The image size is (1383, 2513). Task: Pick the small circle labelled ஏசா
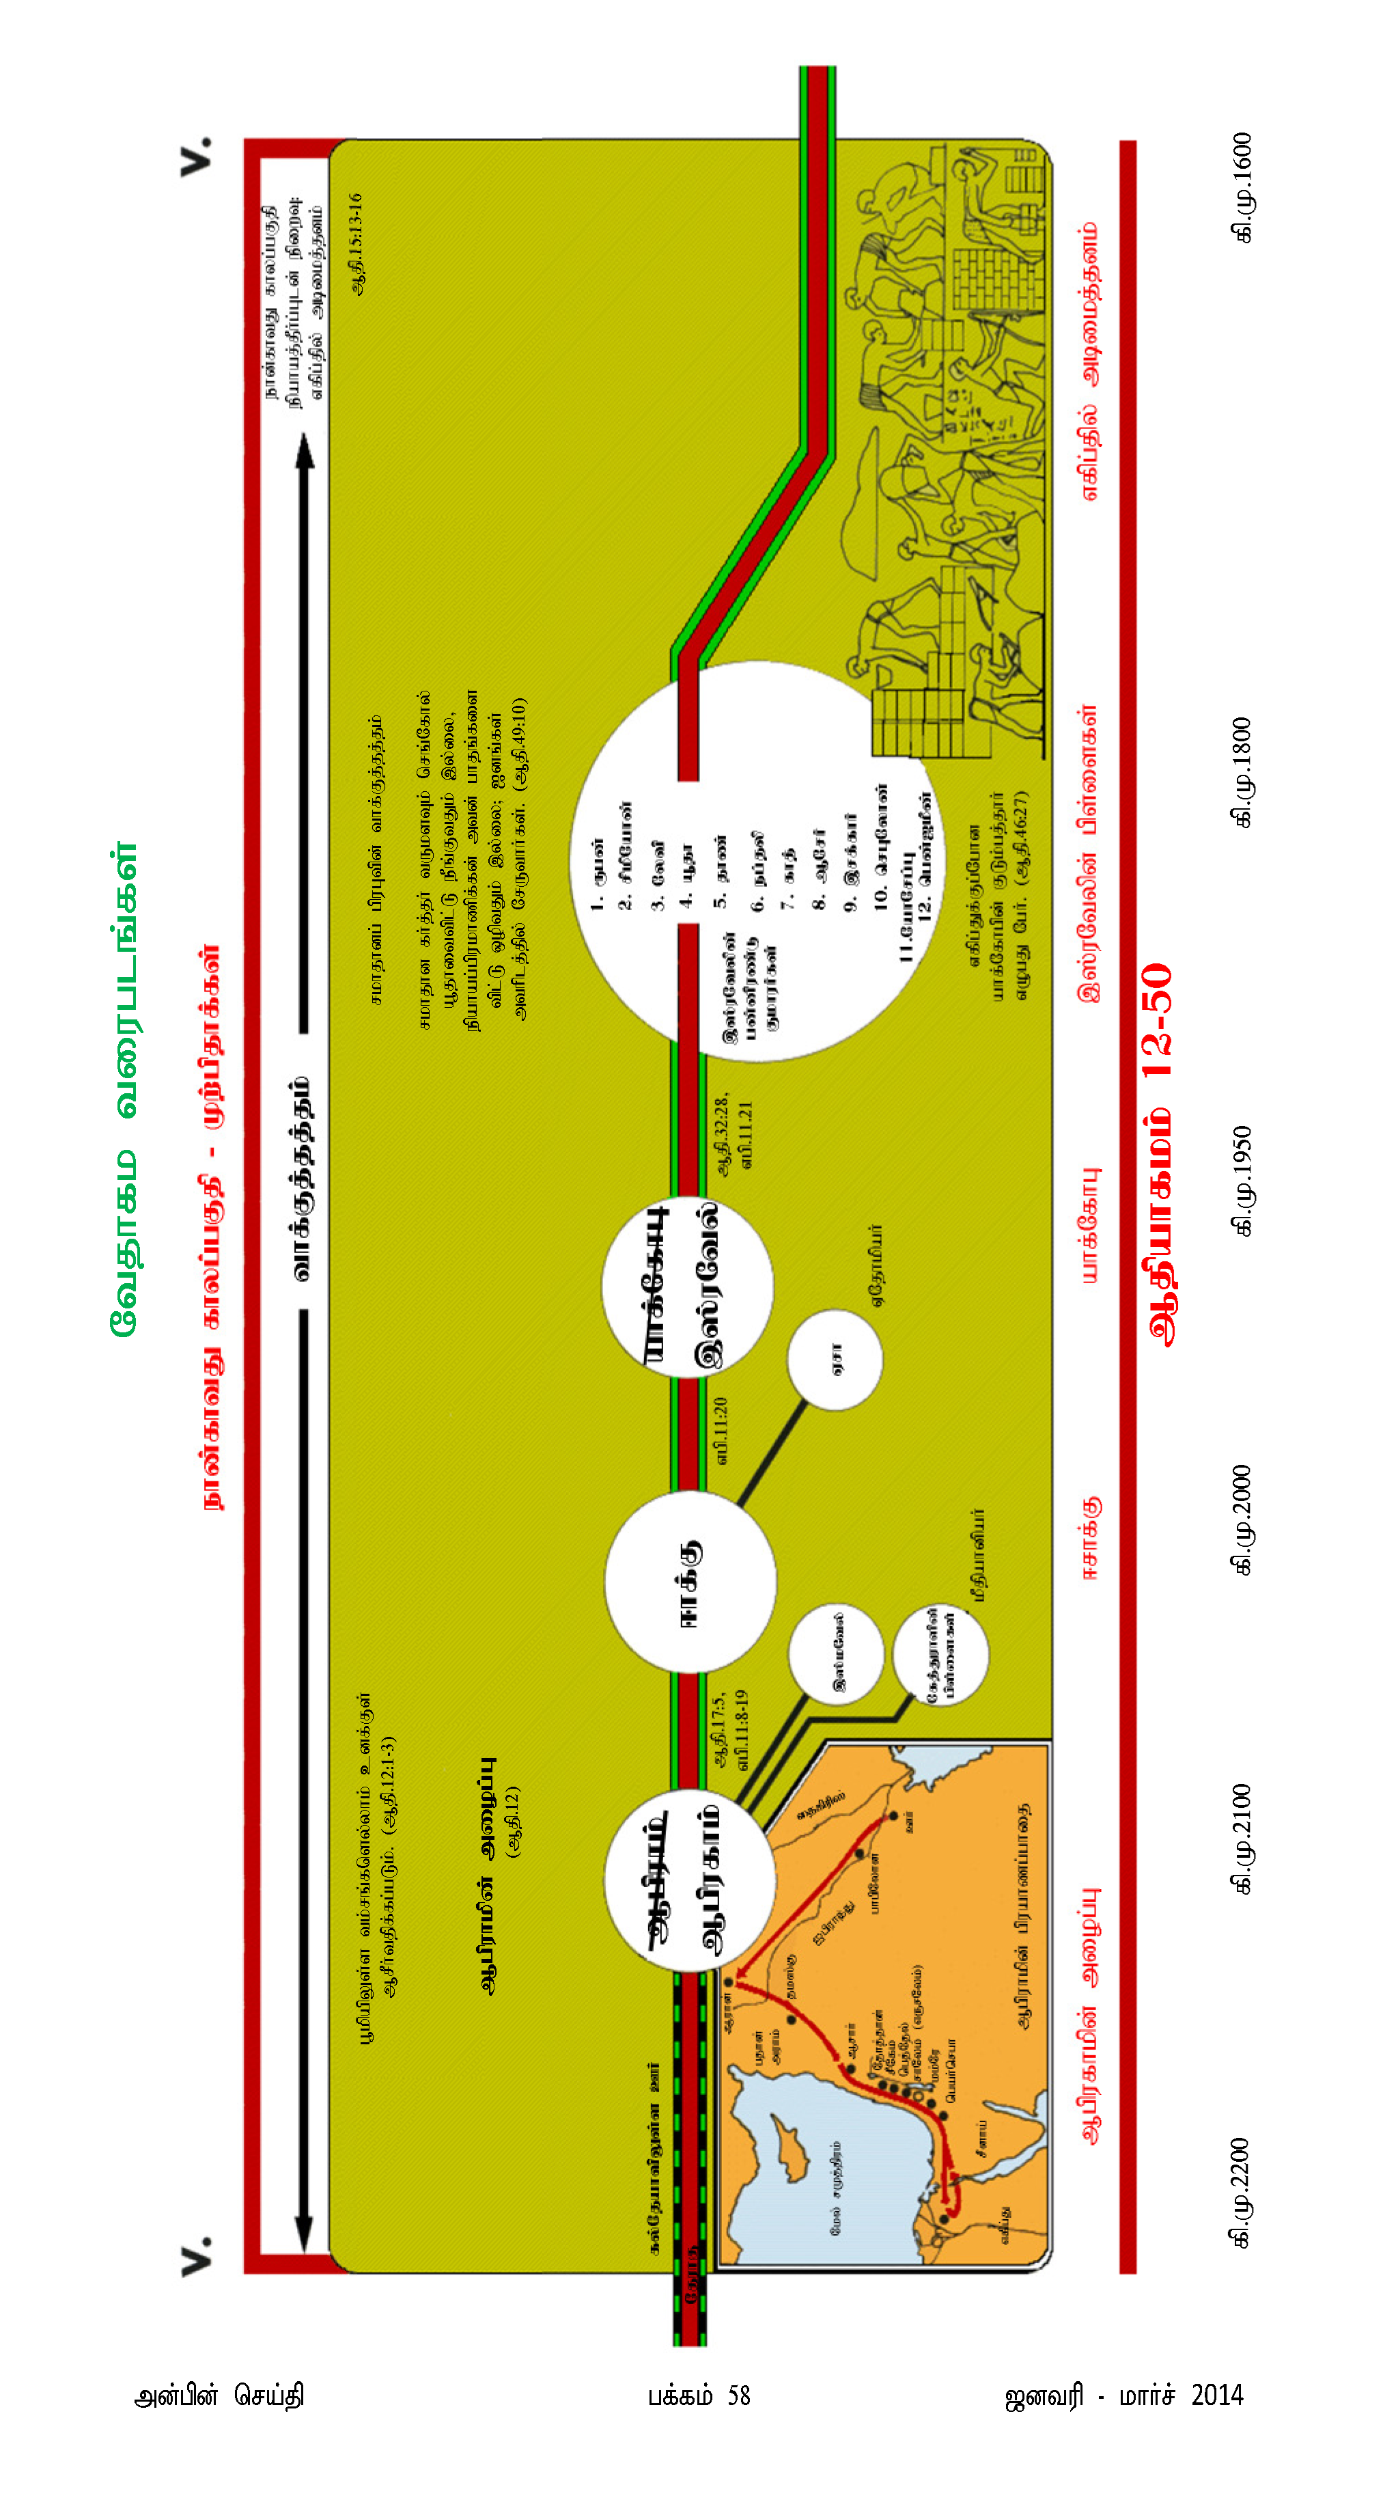[835, 1360]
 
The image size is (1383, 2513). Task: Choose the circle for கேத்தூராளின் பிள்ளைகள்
[940, 1655]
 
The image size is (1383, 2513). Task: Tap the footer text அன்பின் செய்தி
[219, 2396]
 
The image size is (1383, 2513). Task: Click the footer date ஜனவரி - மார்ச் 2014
[1123, 2396]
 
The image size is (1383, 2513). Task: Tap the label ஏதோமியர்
[876, 1264]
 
